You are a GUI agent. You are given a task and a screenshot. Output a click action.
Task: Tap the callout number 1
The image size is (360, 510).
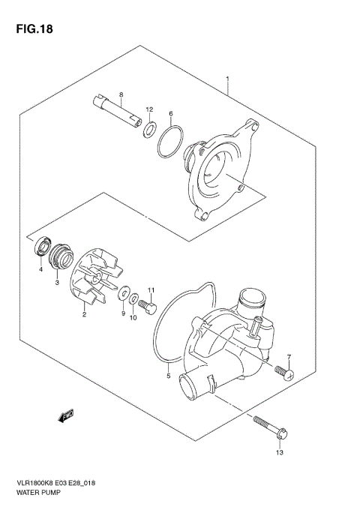[227, 77]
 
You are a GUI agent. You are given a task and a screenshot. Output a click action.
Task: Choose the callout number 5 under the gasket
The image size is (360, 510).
[169, 376]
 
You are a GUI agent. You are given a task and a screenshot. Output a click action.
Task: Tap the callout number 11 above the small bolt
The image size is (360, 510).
[151, 289]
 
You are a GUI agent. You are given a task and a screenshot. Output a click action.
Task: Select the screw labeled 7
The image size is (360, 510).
[283, 371]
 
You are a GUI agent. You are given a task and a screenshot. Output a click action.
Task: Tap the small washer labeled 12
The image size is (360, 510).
[150, 130]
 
